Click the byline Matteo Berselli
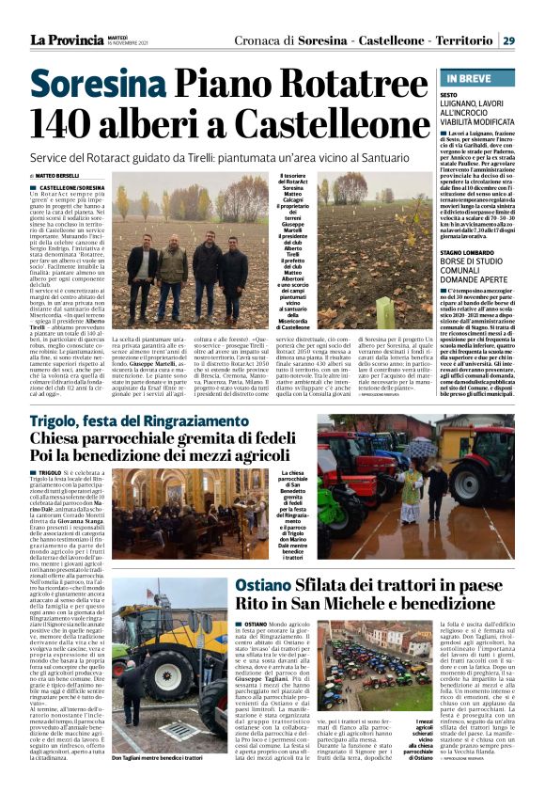[x=57, y=176]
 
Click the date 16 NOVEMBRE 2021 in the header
[x=127, y=44]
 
